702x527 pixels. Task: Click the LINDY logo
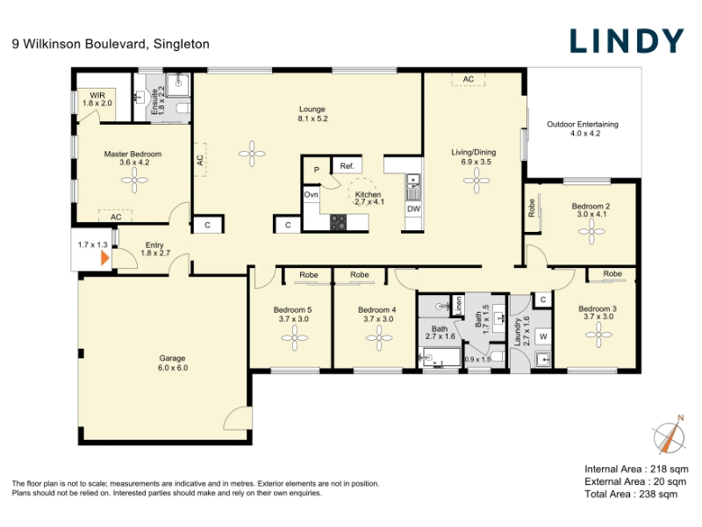(627, 40)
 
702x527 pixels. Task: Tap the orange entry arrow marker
(105, 258)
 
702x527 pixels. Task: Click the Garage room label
(172, 363)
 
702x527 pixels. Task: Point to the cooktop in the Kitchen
(338, 222)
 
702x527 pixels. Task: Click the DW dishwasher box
(413, 209)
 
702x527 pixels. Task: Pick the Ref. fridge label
(347, 166)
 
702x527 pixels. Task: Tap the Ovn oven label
(312, 194)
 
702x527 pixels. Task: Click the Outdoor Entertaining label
(583, 128)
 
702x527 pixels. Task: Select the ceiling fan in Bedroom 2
(591, 232)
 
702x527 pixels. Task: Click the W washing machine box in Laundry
(543, 336)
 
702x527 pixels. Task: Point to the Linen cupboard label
(458, 305)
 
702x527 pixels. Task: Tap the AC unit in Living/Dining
(469, 79)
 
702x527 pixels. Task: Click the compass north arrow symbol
(670, 437)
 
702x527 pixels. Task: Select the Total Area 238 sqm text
(631, 495)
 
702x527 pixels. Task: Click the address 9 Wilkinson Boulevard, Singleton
(111, 44)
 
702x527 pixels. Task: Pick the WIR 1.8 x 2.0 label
(97, 99)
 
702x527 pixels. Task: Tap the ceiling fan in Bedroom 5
(294, 338)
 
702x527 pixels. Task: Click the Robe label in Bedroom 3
(612, 273)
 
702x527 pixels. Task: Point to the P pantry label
(317, 170)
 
